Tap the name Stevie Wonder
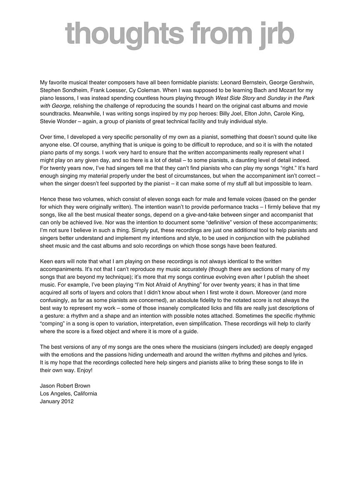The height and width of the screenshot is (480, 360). pyautogui.click(x=59, y=122)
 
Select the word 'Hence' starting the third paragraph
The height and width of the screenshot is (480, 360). pyautogui.click(x=48, y=199)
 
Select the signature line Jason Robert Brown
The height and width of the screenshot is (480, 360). pyautogui.click(x=65, y=386)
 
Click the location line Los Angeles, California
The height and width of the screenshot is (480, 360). pyautogui.click(x=68, y=393)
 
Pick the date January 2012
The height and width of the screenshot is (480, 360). pyautogui.click(x=57, y=401)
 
